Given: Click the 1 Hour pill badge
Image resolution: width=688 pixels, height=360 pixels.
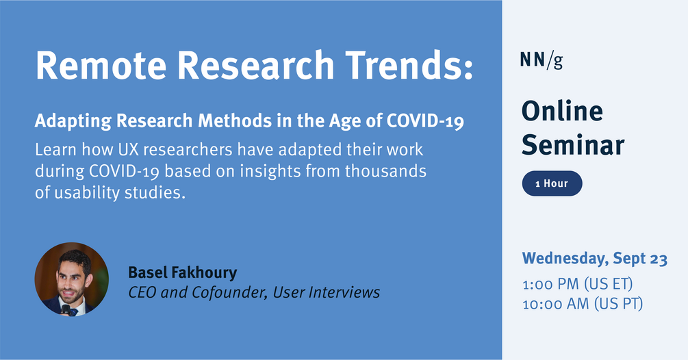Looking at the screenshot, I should [552, 184].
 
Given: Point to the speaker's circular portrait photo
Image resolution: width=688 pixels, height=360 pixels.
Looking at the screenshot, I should [72, 279].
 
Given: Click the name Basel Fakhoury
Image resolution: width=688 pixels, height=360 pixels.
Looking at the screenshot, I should [182, 272].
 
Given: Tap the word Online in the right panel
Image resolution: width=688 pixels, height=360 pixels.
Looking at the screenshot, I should [562, 112].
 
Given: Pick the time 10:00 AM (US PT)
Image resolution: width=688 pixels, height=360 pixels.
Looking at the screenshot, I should [582, 304].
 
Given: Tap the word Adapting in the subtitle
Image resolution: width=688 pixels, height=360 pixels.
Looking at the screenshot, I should [73, 123].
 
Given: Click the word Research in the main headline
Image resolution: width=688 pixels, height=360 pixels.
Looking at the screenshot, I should [257, 66].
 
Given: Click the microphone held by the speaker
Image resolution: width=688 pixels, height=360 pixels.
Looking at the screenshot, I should [66, 310].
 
